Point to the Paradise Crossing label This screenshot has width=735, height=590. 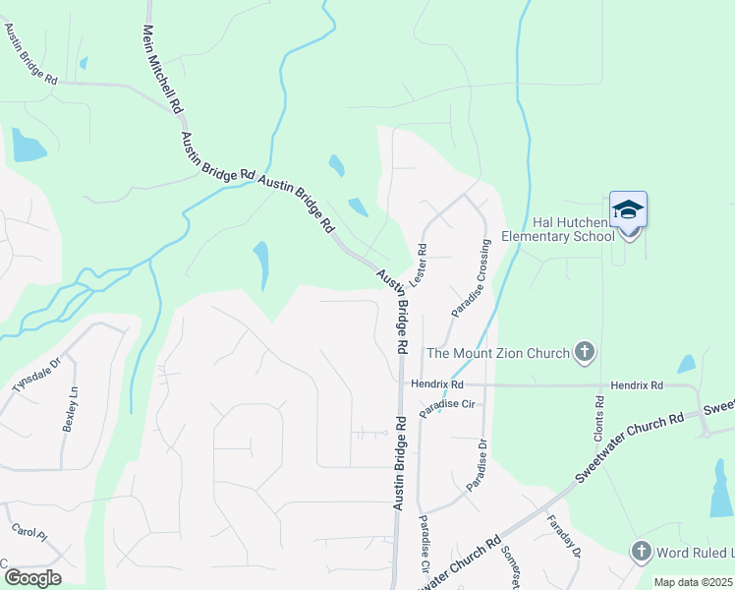472,276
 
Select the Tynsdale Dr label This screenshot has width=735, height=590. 36,375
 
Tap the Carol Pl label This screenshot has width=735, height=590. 29,532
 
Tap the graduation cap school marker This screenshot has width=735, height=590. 628,210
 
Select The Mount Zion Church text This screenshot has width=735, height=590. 497,353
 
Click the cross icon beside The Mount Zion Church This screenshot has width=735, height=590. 585,351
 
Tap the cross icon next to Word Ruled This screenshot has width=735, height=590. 642,553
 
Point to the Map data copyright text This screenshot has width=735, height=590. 694,582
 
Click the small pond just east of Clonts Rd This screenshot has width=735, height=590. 686,364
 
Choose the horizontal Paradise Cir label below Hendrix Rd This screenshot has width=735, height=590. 447,404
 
